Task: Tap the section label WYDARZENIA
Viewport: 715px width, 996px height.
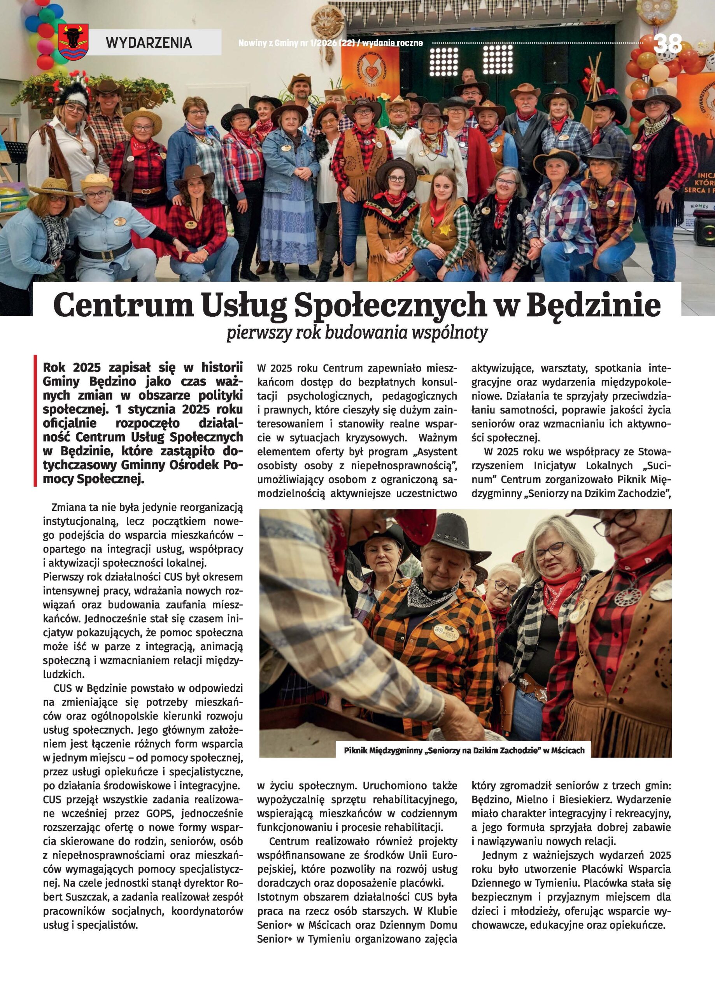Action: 149,42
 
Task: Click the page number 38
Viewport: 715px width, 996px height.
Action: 668,44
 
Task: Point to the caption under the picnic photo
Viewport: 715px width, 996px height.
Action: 464,750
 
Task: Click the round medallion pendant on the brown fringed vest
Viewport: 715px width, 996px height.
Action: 627,597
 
